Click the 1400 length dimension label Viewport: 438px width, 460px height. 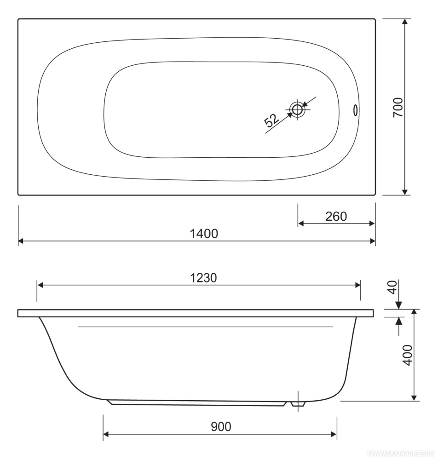click(204, 234)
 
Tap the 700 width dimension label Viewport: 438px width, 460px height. click(398, 107)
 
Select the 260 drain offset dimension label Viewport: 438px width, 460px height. click(336, 217)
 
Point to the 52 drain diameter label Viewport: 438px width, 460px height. click(272, 120)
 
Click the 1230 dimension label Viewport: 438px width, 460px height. click(204, 278)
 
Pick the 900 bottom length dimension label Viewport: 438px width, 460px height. click(221, 426)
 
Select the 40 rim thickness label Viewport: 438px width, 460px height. click(393, 287)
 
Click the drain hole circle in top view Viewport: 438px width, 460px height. click(297, 110)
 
